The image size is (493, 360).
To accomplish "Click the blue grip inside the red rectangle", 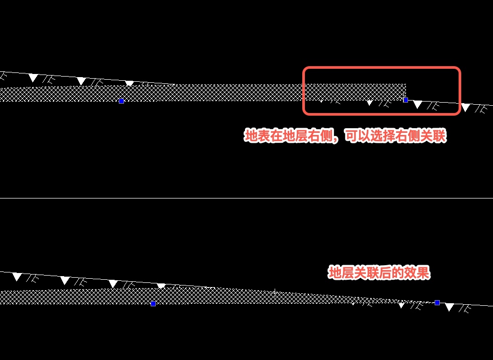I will click(405, 100).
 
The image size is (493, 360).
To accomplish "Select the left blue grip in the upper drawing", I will click(121, 101).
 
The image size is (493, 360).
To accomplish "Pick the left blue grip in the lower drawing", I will click(153, 303).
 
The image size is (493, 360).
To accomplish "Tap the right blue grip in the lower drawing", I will click(437, 302).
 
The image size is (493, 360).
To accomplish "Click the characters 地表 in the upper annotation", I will click(256, 136).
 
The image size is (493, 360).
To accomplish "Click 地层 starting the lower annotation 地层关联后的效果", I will click(339, 273).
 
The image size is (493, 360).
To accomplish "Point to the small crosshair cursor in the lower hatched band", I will click(275, 293).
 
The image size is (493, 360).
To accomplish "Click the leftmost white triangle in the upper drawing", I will click(33, 78).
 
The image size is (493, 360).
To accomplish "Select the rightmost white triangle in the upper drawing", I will click(465, 108).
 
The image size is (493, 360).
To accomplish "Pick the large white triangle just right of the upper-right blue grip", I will click(417, 105).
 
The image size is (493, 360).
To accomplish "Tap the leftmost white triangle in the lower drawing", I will click(17, 277).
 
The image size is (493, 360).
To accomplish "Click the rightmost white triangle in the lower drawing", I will click(449, 307).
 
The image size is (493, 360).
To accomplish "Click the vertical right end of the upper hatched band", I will click(405, 91).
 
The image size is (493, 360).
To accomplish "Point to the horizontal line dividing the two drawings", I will click(246, 198).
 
